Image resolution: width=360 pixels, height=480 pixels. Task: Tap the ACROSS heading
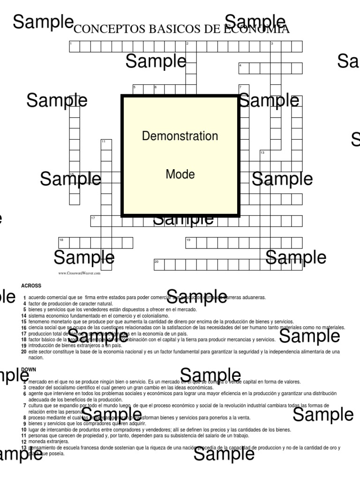(31, 285)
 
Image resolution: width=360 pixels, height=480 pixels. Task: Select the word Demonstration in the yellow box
(180, 136)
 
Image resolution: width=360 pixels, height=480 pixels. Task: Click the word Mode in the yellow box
(180, 174)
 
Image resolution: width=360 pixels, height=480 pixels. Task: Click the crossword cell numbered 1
(74, 46)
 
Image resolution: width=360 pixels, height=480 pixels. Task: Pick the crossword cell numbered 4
(243, 68)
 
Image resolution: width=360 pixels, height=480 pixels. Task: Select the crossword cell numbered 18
(63, 243)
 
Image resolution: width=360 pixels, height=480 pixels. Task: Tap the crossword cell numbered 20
(159, 265)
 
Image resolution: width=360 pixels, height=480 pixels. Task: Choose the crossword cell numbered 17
(96, 221)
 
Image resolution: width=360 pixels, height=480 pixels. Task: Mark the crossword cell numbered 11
(106, 144)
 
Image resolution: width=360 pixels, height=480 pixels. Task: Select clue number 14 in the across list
(23, 316)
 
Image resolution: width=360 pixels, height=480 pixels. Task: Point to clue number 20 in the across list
(23, 352)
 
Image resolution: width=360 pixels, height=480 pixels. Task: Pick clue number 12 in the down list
(23, 442)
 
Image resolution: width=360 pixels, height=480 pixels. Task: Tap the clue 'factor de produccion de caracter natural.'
(70, 304)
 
